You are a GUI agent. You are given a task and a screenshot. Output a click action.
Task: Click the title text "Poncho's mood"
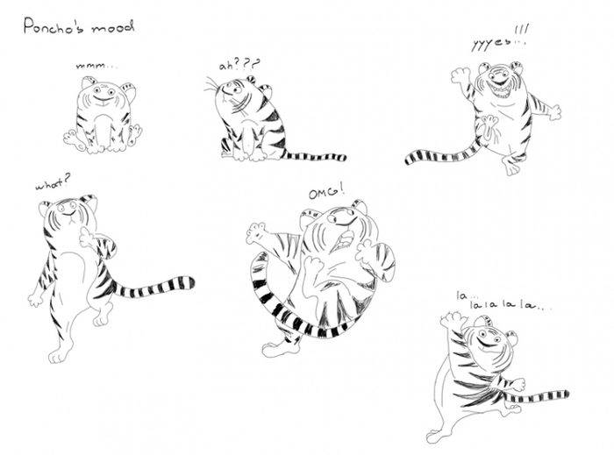click(79, 26)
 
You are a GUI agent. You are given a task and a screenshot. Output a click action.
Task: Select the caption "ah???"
click(239, 64)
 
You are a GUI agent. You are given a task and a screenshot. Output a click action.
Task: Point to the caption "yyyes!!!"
click(500, 39)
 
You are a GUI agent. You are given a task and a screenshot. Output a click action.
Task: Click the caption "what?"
click(54, 182)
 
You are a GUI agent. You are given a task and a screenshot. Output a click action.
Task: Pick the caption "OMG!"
click(326, 193)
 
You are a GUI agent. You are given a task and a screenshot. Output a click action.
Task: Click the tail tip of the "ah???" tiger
click(344, 158)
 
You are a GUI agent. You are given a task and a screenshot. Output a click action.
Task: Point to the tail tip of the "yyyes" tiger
click(409, 160)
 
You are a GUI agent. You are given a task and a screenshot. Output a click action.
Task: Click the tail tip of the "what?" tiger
click(191, 282)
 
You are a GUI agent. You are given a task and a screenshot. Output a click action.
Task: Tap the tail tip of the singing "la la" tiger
click(567, 394)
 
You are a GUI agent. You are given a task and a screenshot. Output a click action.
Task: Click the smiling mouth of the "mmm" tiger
click(103, 101)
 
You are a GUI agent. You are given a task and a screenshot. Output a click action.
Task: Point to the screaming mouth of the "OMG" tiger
click(344, 239)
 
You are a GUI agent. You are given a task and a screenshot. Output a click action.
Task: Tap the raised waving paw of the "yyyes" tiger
click(460, 76)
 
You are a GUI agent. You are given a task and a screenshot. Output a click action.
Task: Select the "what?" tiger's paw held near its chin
click(87, 237)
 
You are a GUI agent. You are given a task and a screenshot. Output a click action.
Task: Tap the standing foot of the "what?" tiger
click(57, 356)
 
